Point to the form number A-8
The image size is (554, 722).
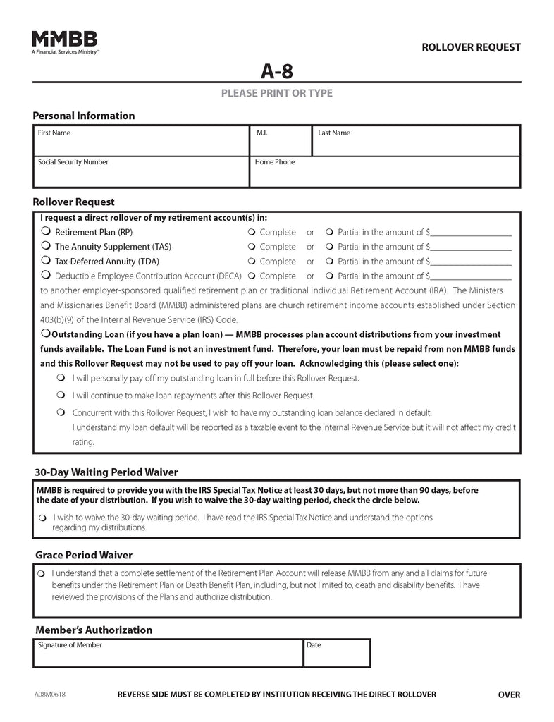pyautogui.click(x=276, y=71)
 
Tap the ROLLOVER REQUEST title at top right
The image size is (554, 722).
pyautogui.click(x=471, y=47)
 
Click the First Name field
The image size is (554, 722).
pyautogui.click(x=141, y=144)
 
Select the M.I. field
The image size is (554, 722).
pyautogui.click(x=281, y=144)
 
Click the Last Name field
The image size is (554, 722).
pyautogui.click(x=416, y=144)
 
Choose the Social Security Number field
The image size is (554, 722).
pyautogui.click(x=141, y=174)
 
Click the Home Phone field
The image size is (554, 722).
pyautogui.click(x=385, y=174)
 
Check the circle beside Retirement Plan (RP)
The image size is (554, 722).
pyautogui.click(x=46, y=231)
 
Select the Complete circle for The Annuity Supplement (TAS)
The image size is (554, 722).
pyautogui.click(x=252, y=247)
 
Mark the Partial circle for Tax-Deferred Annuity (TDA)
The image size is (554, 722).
pyautogui.click(x=329, y=262)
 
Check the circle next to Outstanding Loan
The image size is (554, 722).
pyautogui.click(x=45, y=333)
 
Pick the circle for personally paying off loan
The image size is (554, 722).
pyautogui.click(x=61, y=378)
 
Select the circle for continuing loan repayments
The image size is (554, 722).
pyautogui.click(x=61, y=396)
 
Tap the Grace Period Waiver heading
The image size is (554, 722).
pyautogui.click(x=83, y=556)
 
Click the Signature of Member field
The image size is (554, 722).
pyautogui.click(x=168, y=657)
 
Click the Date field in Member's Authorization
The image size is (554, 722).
pyautogui.click(x=336, y=657)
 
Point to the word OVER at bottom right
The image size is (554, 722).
pyautogui.click(x=509, y=695)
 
